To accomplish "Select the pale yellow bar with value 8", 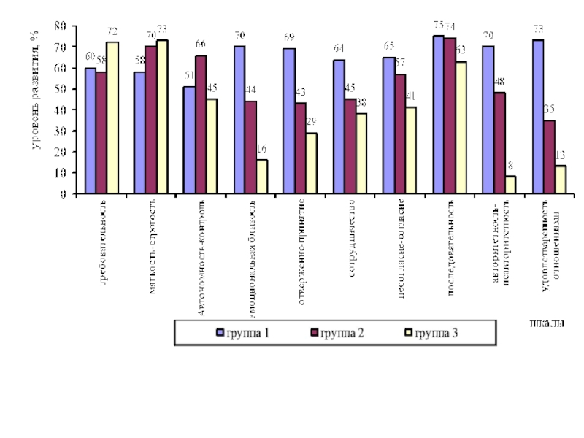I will tap(510, 185).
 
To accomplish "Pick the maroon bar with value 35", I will tap(549, 158).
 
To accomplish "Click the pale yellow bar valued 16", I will tap(261, 177).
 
